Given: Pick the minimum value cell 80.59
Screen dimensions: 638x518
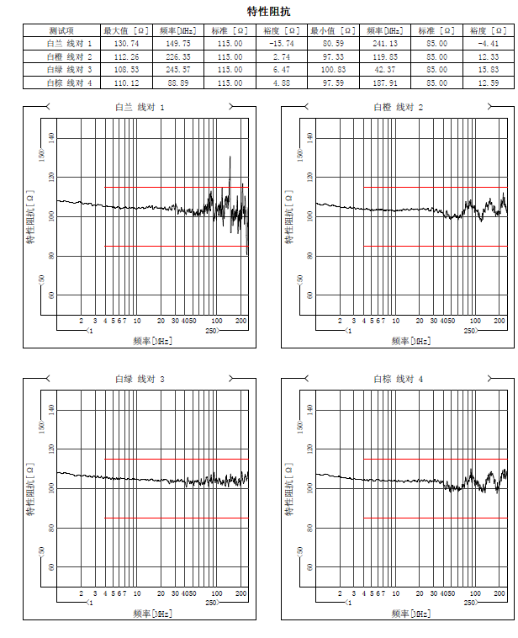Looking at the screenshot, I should click(x=332, y=43).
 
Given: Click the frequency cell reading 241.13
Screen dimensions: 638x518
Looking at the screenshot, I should click(x=384, y=43).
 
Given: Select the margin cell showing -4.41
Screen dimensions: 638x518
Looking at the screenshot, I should click(x=488, y=43).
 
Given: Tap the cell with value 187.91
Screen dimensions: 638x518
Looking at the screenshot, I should click(x=384, y=82).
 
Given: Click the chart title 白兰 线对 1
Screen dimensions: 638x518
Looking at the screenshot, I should click(x=140, y=108).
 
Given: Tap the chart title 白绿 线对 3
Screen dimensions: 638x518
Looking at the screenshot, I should click(x=140, y=380).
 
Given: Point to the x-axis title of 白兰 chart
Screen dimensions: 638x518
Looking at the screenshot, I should click(x=152, y=341).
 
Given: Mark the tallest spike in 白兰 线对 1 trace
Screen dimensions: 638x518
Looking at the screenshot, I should click(x=230, y=157).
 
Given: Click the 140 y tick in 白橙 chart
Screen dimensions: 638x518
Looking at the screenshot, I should click(x=310, y=138).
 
